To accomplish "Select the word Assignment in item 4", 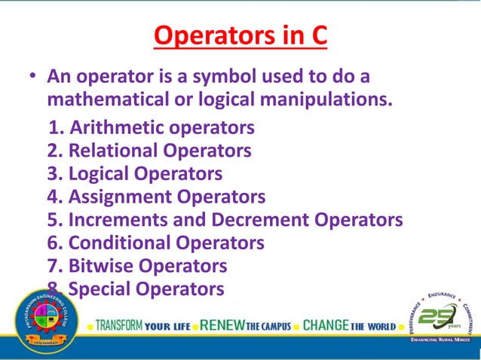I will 121,197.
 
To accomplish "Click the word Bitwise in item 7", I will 100,265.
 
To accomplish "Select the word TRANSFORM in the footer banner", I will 119,326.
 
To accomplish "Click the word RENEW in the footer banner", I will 224,326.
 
